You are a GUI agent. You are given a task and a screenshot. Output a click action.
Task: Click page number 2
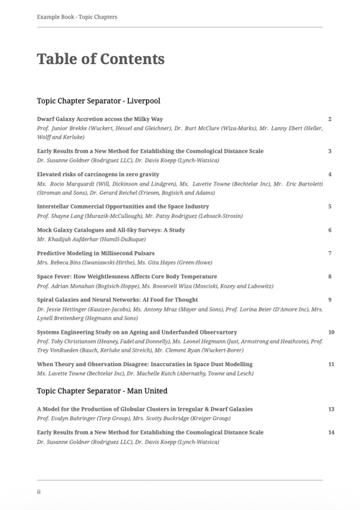click(329, 118)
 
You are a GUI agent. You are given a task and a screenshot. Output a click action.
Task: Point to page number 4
click(329, 175)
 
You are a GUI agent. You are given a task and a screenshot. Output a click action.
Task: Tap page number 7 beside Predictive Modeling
click(329, 253)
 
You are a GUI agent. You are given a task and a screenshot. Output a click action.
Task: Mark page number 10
click(331, 332)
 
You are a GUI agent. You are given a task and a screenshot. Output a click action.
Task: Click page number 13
click(331, 409)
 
